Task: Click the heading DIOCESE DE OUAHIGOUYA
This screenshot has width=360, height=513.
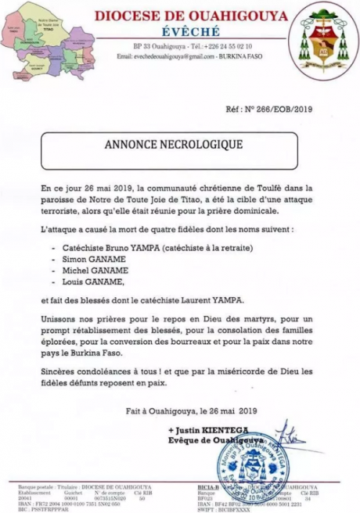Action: [x=189, y=16]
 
